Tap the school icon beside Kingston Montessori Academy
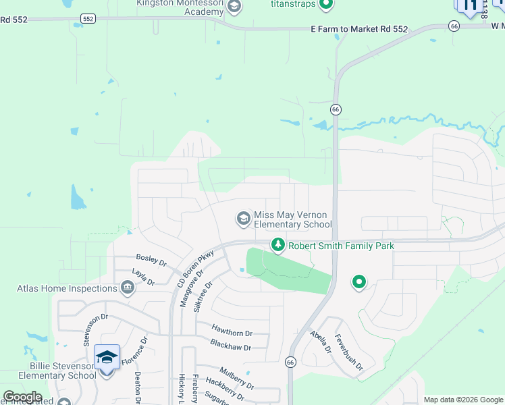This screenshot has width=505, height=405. tap(234, 7)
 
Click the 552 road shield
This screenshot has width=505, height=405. tap(87, 20)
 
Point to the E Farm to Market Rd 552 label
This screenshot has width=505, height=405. tap(359, 29)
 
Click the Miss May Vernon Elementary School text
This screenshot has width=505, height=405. tap(292, 219)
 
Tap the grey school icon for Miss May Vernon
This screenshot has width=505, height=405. tap(242, 218)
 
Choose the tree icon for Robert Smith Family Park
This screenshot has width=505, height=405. tap(277, 246)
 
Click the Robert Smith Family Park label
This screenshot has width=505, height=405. tap(341, 246)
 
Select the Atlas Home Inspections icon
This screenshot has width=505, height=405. tap(127, 289)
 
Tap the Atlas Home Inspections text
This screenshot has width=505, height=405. tap(68, 289)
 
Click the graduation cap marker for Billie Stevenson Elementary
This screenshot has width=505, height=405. tap(107, 356)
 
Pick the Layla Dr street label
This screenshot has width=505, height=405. tap(139, 276)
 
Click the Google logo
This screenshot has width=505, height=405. tap(22, 397)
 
